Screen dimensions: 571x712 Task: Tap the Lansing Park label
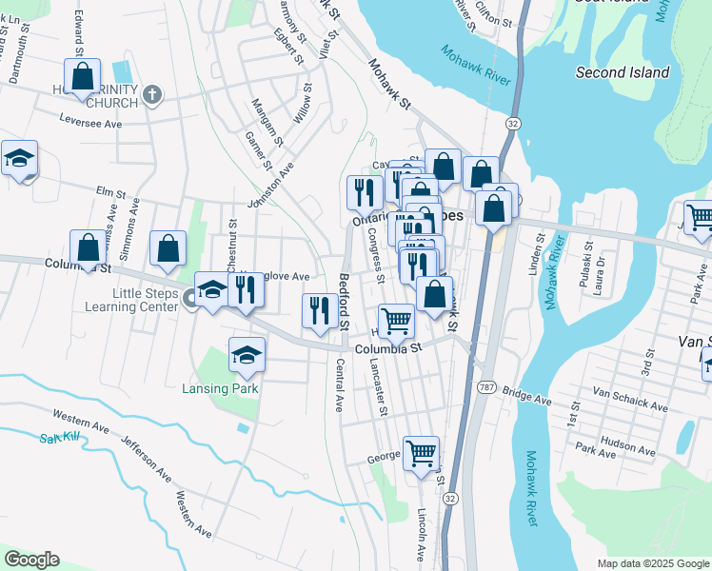(x=220, y=388)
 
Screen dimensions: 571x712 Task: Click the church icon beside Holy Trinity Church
(x=153, y=95)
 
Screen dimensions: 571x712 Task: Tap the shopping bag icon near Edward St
(x=83, y=75)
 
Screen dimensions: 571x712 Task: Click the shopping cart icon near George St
(x=421, y=453)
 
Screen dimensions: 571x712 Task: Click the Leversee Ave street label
(x=91, y=124)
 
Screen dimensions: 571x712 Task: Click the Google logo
(x=31, y=560)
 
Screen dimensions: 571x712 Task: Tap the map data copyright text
(x=653, y=563)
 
